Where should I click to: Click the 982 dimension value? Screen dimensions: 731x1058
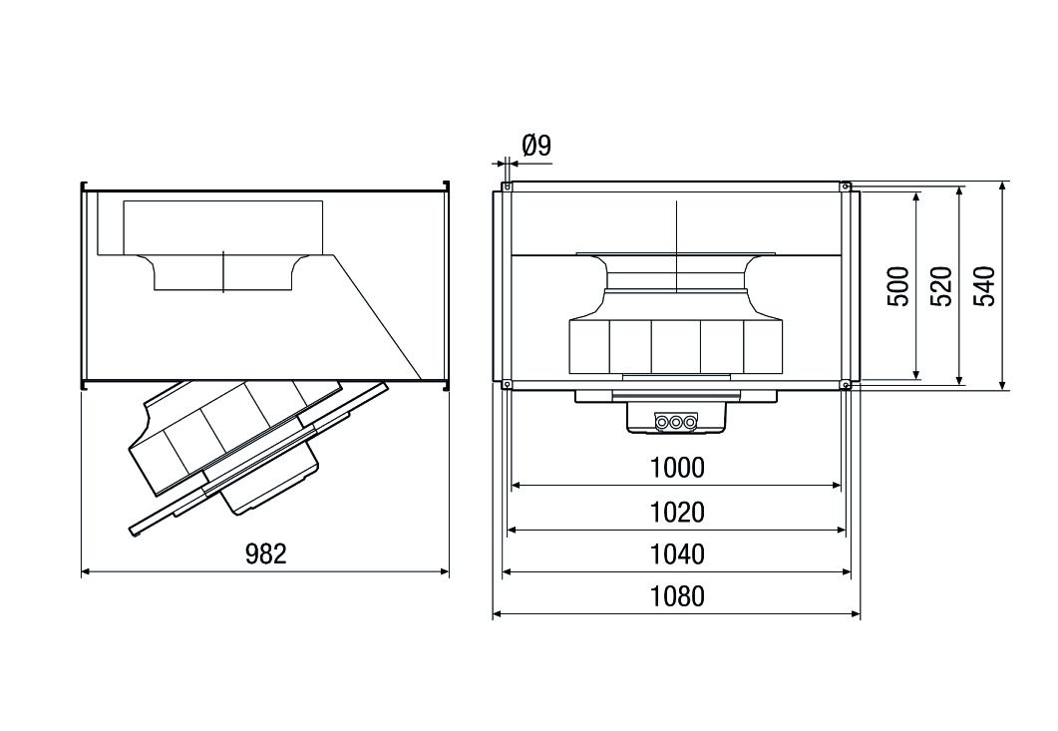[265, 554]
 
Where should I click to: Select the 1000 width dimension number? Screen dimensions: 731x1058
[677, 468]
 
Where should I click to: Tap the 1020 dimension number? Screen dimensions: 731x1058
[677, 512]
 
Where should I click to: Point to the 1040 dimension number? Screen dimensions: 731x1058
[677, 554]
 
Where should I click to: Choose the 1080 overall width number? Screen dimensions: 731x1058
[677, 596]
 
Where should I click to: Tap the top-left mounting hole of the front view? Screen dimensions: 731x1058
[508, 186]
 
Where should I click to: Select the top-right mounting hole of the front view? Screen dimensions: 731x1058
[845, 186]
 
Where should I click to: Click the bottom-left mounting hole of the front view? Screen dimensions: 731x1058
[508, 384]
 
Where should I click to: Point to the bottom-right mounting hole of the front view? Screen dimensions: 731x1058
[845, 384]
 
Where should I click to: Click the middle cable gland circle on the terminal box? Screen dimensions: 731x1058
[676, 423]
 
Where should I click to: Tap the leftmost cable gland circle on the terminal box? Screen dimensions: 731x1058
[661, 423]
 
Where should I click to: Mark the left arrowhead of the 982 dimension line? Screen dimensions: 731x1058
[85, 571]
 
